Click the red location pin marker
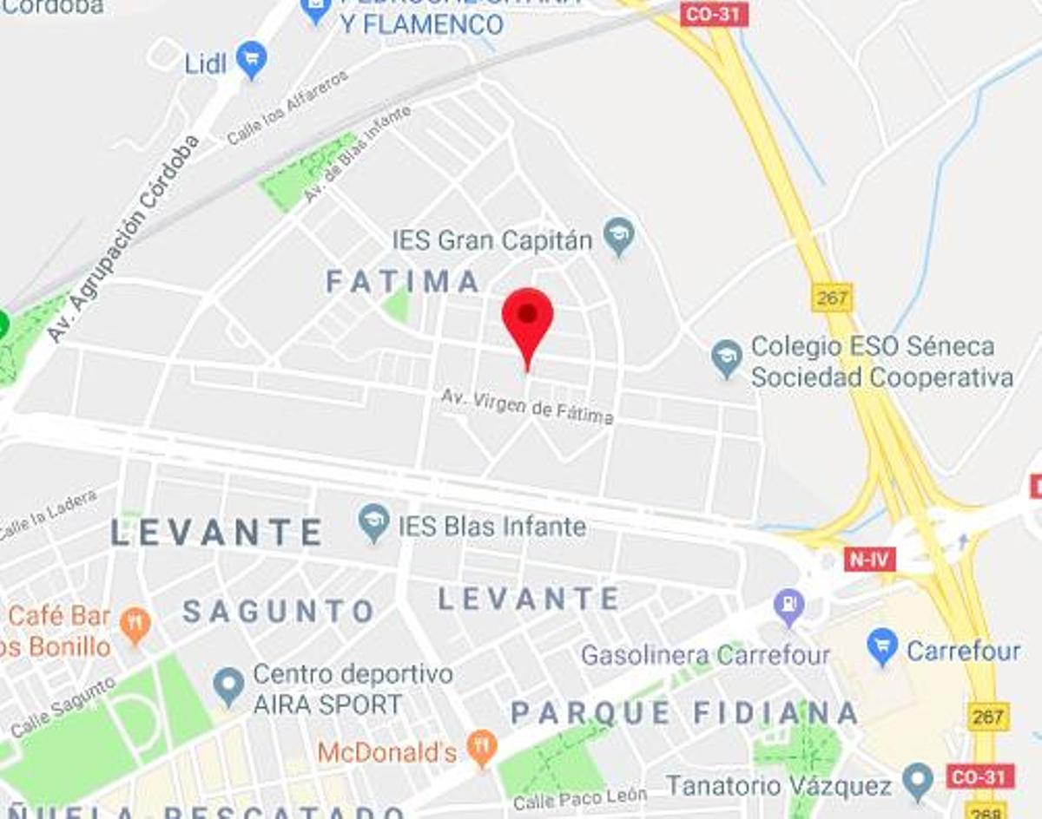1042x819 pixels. (527, 317)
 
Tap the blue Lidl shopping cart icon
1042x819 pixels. (252, 60)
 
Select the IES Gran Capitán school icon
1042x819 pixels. (619, 236)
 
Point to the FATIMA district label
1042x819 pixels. (402, 281)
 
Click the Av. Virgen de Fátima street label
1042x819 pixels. (527, 406)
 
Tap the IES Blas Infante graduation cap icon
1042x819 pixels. (374, 523)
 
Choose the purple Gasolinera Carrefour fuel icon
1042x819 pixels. (789, 606)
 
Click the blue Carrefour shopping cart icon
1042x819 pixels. (882, 647)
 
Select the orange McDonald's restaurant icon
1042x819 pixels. (480, 748)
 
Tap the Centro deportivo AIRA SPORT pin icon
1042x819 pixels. (228, 685)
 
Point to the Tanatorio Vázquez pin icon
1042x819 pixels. (917, 783)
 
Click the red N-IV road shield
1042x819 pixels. (869, 559)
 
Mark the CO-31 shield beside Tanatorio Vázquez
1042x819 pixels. (980, 776)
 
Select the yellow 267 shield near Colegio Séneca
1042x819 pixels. (832, 298)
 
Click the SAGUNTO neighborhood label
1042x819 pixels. (279, 612)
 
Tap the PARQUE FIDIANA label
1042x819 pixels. (684, 714)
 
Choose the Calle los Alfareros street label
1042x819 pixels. (287, 108)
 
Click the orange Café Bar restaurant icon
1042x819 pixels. (135, 625)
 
